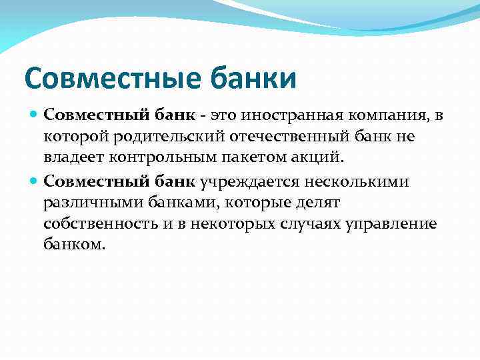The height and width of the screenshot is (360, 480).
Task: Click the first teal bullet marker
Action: click(35, 116)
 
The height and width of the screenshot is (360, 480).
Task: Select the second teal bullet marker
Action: click(35, 182)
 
